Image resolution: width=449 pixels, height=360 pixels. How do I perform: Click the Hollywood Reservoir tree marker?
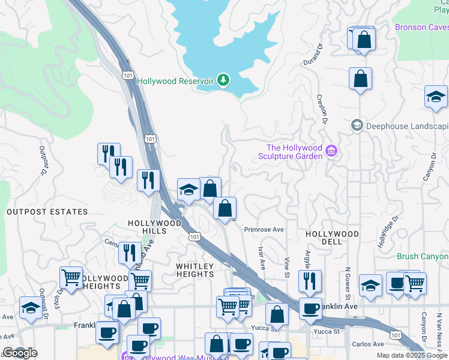(x=223, y=80)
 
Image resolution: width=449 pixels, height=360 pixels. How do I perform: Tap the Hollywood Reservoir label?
(x=175, y=81)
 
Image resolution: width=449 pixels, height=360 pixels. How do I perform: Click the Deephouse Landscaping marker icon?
(x=357, y=126)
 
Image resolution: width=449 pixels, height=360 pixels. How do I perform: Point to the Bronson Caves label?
(x=421, y=27)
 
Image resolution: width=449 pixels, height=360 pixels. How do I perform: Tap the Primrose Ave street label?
(x=264, y=229)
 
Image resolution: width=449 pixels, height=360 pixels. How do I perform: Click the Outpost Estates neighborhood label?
(x=47, y=212)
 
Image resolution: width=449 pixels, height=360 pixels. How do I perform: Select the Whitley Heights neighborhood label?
(x=194, y=270)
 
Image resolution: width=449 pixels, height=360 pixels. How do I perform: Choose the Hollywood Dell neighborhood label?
(x=332, y=238)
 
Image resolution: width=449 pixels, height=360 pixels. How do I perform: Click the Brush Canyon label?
(x=423, y=256)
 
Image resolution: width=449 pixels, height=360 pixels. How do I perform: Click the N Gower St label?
(x=347, y=282)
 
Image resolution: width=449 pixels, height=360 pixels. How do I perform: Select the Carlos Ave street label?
(x=368, y=344)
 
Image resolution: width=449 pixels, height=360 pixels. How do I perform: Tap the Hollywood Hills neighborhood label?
(x=154, y=223)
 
